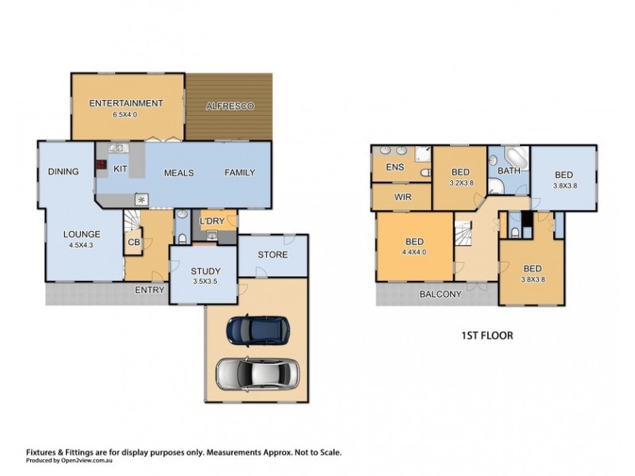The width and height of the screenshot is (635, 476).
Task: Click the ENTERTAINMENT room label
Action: click(126, 103)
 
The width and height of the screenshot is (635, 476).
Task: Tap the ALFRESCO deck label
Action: click(229, 106)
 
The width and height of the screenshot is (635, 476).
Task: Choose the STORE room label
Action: click(272, 255)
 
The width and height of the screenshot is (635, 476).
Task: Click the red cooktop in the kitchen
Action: click(102, 167)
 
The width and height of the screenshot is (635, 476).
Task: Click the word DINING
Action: click(63, 172)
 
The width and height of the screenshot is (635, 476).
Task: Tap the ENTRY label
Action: click(149, 290)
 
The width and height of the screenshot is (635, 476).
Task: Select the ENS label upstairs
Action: click(394, 167)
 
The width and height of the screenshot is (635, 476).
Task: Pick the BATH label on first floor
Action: click(508, 171)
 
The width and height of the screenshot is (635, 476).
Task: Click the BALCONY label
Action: click(441, 294)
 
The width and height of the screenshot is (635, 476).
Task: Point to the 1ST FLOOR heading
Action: click(487, 336)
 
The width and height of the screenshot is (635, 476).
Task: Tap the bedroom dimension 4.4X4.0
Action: click(414, 252)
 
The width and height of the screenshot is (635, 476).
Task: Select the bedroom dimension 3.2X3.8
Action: click(461, 182)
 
